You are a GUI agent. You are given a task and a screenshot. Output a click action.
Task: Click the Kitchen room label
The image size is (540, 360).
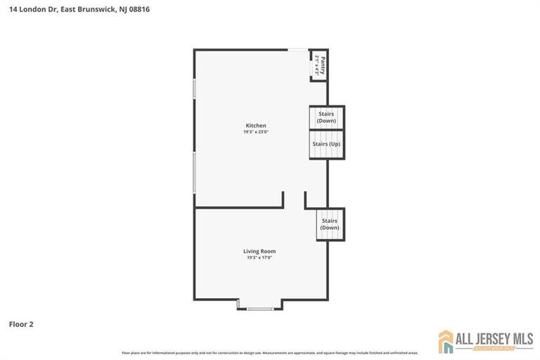[256, 126]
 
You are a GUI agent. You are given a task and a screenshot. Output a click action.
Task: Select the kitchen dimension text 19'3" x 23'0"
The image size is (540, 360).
[256, 132]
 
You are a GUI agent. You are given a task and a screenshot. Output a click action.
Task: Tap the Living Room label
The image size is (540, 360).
[259, 251]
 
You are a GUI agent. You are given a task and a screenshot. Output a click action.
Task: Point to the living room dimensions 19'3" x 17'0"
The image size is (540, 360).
[259, 257]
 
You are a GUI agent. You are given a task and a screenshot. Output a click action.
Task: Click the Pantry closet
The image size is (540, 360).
[319, 65]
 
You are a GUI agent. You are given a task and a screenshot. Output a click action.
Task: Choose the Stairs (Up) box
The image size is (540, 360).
[326, 144]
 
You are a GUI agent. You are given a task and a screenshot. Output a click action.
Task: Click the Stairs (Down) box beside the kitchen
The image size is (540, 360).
[326, 117]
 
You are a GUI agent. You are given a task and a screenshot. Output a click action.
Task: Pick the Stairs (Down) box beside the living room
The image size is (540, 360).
[330, 224]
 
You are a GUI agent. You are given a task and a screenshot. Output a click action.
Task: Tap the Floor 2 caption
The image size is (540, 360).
[21, 324]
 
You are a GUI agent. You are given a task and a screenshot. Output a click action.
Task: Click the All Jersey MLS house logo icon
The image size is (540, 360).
[446, 341]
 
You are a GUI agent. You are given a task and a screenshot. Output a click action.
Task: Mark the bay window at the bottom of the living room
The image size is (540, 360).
[260, 309]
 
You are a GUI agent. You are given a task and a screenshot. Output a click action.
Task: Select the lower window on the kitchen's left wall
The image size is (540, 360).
[194, 172]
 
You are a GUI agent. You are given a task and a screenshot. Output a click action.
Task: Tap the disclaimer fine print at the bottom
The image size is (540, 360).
[270, 353]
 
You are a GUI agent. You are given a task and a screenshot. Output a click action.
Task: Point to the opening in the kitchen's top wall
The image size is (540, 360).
[297, 49]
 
